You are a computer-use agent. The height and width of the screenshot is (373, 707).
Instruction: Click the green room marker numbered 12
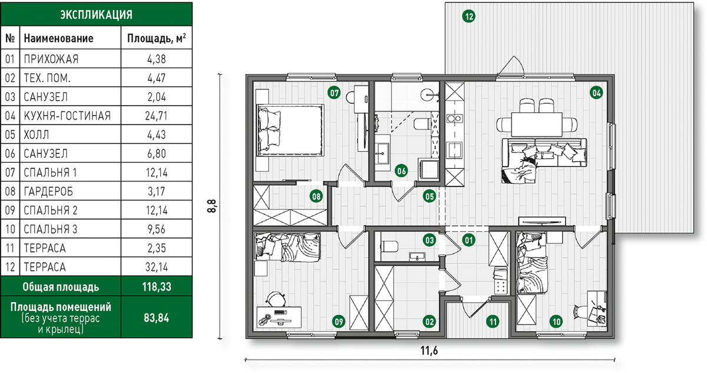pyautogui.click(x=469, y=16)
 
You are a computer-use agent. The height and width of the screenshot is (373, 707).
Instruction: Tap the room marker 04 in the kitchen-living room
pyautogui.click(x=596, y=93)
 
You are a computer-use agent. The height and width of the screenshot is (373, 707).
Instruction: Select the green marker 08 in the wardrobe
pyautogui.click(x=316, y=197)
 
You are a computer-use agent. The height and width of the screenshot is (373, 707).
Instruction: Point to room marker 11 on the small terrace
pyautogui.click(x=493, y=322)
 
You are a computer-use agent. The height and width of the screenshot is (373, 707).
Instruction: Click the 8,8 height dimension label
pyautogui.click(x=212, y=206)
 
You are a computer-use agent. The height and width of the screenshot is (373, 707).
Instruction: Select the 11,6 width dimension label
pyautogui.click(x=430, y=351)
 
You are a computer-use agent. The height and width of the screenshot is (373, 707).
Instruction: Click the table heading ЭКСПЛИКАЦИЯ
pyautogui.click(x=96, y=15)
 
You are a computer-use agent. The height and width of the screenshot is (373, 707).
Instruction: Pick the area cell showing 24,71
pyautogui.click(x=156, y=116)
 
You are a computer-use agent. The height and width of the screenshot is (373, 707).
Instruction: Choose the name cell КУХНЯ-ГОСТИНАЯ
pyautogui.click(x=67, y=116)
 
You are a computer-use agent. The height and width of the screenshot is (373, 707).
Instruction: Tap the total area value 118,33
pyautogui.click(x=157, y=287)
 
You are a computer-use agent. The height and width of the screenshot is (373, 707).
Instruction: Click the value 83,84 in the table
pyautogui.click(x=157, y=318)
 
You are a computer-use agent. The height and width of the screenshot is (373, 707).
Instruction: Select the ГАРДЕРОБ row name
pyautogui.click(x=48, y=191)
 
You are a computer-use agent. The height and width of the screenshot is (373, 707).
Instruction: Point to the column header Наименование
pyautogui.click(x=59, y=38)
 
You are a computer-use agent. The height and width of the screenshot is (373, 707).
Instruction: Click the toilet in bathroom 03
pyautogui.click(x=389, y=247)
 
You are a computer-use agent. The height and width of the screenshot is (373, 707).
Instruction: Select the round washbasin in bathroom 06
pyautogui.click(x=429, y=94)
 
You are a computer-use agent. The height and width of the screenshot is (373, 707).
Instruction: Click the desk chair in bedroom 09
pyautogui.click(x=276, y=299)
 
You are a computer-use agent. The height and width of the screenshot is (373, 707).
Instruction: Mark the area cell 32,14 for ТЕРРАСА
pyautogui.click(x=157, y=267)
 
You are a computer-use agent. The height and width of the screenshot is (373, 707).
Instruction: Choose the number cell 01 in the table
pyautogui.click(x=10, y=59)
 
